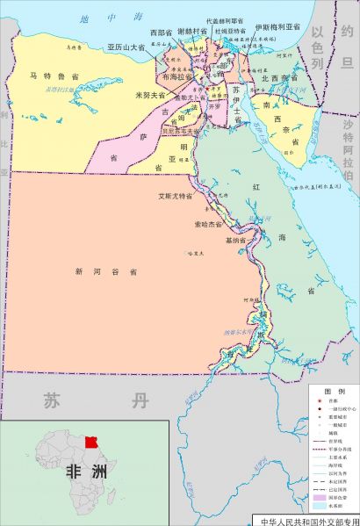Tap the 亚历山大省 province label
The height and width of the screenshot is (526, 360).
[x=126, y=47]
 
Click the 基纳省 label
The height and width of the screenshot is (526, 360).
[x=237, y=239]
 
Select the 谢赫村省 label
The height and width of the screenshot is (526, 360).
[x=191, y=31]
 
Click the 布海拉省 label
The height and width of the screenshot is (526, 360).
[x=179, y=76]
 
